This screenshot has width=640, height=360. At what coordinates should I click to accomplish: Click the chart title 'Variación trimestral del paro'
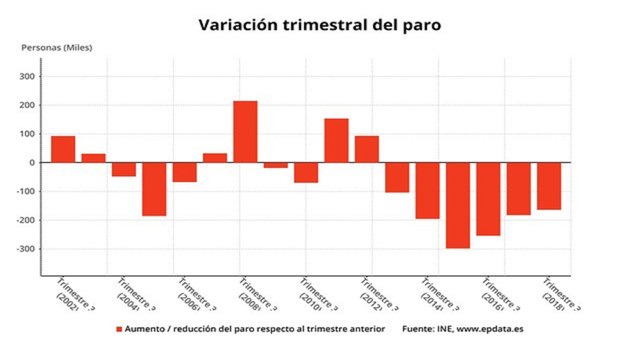click(319, 23)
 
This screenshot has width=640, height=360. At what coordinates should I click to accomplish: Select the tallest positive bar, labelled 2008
click(245, 131)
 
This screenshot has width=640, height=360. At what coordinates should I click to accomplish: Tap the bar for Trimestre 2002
click(63, 149)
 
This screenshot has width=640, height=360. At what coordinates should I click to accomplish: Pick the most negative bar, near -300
click(458, 205)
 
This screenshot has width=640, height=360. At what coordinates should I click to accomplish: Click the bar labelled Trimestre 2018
click(549, 186)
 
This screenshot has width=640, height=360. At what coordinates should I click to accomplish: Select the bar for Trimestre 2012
click(367, 149)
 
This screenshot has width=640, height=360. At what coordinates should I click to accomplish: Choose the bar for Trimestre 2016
click(488, 199)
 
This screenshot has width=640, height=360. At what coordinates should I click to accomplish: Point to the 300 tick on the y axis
click(25, 76)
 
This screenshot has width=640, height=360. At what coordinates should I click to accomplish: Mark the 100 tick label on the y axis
click(25, 134)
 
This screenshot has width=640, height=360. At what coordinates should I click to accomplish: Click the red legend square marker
click(119, 328)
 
